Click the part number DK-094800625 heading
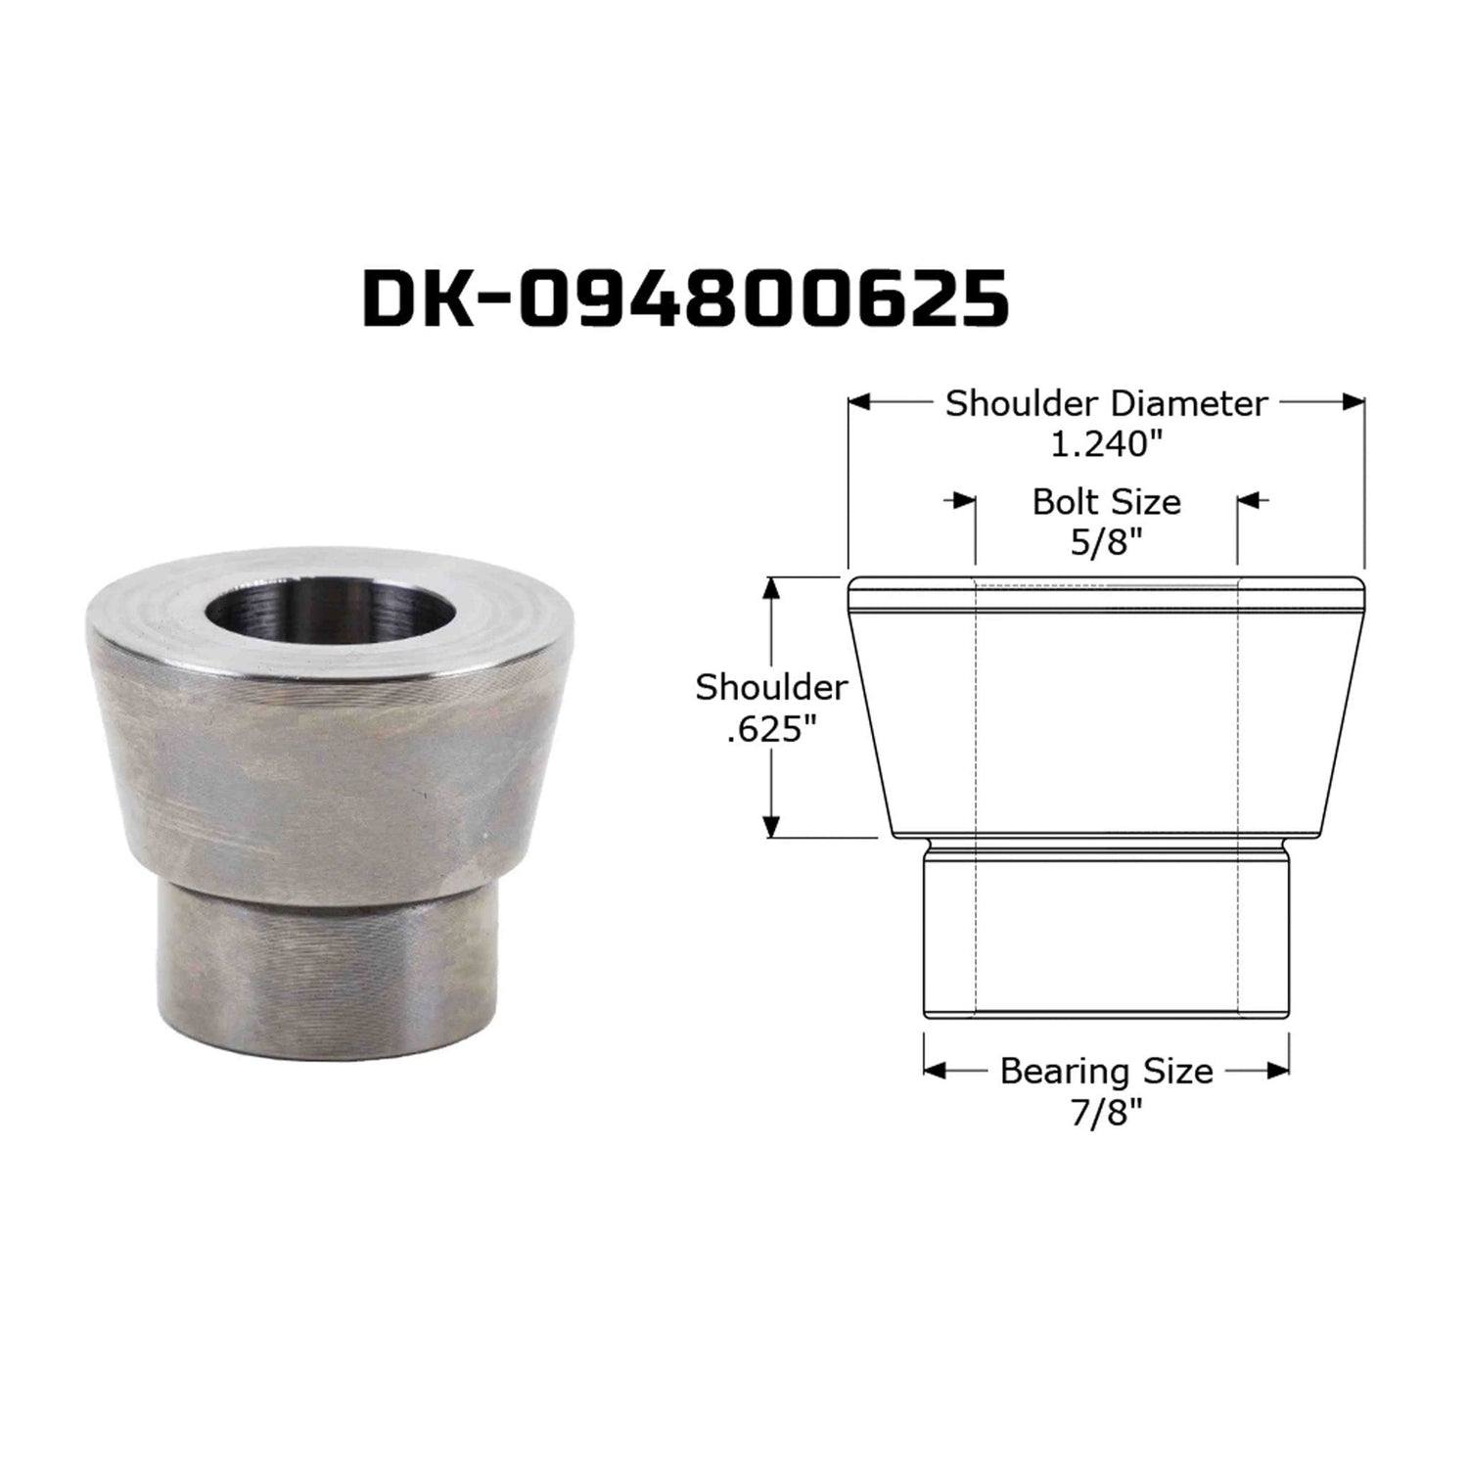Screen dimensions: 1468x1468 coord(685,298)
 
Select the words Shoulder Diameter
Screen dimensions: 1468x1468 coord(1106,403)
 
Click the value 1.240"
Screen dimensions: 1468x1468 coord(1106,444)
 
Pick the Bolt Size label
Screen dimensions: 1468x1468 coord(1106,502)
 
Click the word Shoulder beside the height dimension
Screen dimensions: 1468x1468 coord(771,688)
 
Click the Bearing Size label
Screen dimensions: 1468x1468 coord(1106,1072)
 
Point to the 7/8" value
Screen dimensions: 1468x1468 coord(1106,1113)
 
